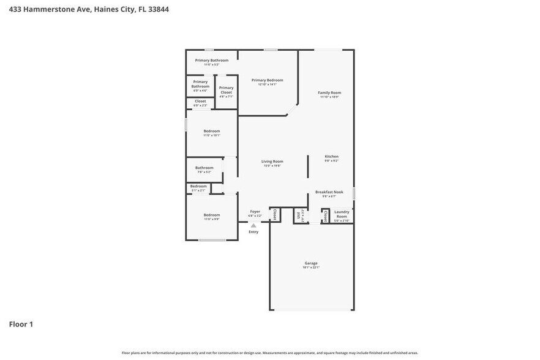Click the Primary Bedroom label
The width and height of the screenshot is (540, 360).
267,80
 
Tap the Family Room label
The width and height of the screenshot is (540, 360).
329,92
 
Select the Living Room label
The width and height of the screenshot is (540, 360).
272,161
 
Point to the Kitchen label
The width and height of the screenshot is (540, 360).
331,156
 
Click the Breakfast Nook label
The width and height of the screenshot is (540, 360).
329,192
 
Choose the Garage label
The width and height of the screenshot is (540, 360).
311,263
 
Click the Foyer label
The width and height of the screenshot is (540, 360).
255,211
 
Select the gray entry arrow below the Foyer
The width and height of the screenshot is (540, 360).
253,225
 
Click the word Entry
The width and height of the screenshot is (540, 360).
253,232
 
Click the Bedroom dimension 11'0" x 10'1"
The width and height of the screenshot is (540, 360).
211,135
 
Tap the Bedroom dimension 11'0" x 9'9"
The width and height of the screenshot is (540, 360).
211,219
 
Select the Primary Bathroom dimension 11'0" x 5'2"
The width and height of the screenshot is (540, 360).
211,64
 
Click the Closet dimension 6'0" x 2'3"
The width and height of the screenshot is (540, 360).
200,105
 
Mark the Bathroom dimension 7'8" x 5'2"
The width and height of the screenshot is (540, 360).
204,172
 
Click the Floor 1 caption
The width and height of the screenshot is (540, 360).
21,324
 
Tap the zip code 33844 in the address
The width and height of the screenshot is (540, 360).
159,9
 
